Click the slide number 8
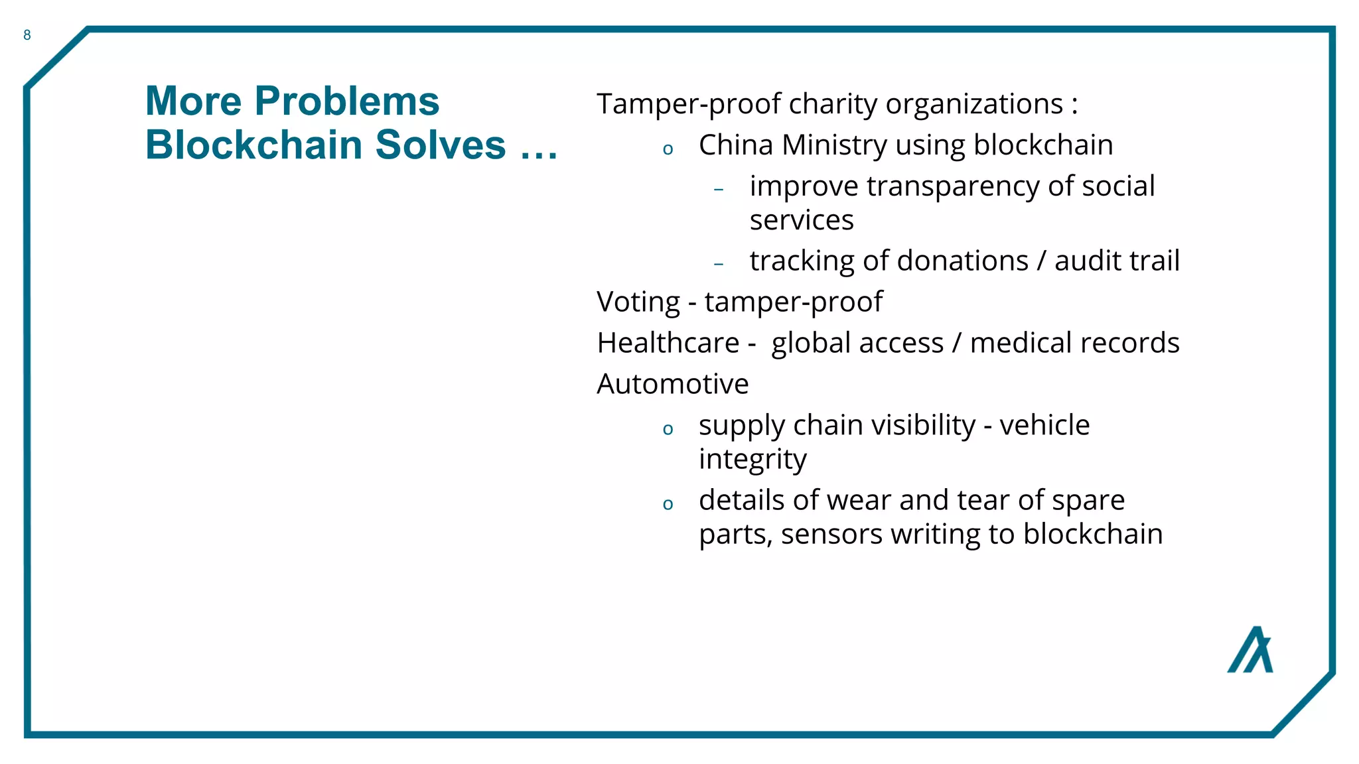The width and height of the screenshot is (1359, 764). click(27, 35)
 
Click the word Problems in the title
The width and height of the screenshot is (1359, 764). click(346, 101)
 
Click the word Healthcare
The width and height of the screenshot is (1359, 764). click(668, 343)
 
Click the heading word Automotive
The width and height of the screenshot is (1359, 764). click(672, 384)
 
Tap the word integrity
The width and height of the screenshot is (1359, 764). click(752, 460)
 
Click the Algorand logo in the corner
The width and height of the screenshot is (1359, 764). click(1250, 650)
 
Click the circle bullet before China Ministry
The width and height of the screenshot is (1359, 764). click(668, 149)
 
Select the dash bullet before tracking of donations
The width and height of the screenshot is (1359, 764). click(719, 264)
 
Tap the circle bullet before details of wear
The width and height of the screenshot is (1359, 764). click(668, 505)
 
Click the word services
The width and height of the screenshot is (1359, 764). click(802, 220)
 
